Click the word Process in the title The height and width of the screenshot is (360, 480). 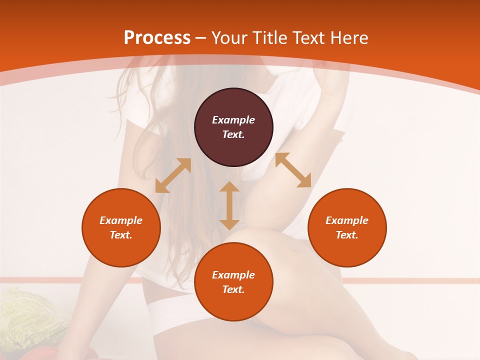tap(157, 38)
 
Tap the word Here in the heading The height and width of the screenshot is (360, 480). tap(349, 38)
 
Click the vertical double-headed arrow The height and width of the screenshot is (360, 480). tap(229, 205)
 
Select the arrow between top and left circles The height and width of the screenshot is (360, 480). tap(173, 175)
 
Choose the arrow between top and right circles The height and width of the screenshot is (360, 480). tap(293, 170)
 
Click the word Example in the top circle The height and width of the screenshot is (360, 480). tap(233, 120)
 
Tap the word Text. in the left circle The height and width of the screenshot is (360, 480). tap(121, 235)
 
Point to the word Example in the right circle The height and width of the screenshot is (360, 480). tap(347, 220)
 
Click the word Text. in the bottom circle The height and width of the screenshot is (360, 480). tap(233, 289)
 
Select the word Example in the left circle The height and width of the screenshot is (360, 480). tap(121, 220)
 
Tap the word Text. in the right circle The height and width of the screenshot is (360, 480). tap(347, 235)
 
